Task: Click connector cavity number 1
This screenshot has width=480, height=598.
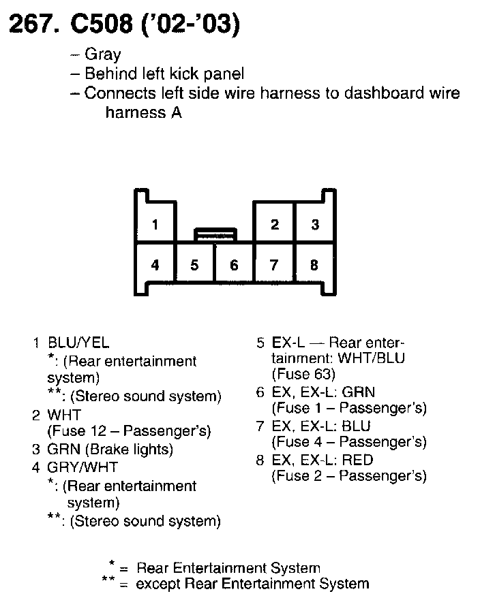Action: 155,224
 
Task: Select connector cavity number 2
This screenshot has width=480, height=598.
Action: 274,224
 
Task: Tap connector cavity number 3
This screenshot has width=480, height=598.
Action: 314,224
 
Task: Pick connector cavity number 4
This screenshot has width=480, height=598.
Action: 155,265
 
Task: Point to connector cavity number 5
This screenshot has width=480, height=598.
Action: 195,265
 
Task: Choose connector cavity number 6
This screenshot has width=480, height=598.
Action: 234,265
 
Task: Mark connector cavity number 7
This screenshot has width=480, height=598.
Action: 274,265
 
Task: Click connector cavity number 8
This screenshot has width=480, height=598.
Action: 314,265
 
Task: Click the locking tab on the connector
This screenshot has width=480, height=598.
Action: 215,235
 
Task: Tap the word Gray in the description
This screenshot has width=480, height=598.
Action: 102,55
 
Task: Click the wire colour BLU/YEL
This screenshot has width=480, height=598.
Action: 78,343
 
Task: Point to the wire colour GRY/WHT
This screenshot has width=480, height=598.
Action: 82,467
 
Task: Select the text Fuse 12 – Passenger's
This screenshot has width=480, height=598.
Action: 129,431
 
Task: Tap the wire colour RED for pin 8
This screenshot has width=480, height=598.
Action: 359,459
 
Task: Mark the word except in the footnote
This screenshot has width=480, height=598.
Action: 159,584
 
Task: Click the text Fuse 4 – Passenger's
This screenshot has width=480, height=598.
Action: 349,442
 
